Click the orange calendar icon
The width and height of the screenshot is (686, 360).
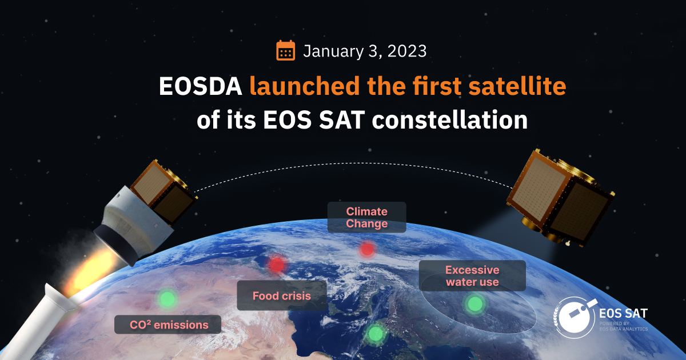click(x=285, y=50)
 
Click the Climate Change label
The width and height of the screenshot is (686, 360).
click(x=366, y=218)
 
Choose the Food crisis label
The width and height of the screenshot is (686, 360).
click(x=282, y=296)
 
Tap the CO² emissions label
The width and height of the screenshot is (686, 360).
click(x=168, y=325)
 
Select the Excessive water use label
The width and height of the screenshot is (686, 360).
click(x=472, y=276)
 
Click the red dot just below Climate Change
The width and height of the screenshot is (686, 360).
click(x=367, y=249)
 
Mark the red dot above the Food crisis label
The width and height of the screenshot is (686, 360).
click(x=277, y=265)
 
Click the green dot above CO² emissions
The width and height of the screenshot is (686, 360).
click(x=167, y=298)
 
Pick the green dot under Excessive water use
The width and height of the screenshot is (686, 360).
click(x=474, y=304)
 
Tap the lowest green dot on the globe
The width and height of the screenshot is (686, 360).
click(x=375, y=333)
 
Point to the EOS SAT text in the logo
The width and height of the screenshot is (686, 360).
click(x=623, y=313)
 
